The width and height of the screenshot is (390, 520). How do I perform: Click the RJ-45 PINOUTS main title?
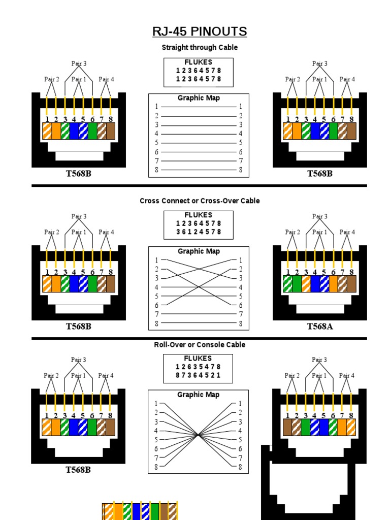200,32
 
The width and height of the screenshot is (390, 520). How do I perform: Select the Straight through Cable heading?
200,48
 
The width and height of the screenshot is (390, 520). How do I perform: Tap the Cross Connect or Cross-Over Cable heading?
200,201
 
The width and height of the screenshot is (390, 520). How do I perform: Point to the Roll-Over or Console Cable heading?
200,345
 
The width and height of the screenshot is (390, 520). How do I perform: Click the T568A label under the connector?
319,327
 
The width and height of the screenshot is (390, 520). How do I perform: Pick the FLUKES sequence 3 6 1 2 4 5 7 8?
199,232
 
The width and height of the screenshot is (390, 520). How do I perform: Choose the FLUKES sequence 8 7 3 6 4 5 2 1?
198,376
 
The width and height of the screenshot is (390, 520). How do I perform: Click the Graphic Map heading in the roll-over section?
198,395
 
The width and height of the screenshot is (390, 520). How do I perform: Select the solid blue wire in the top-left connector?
74,132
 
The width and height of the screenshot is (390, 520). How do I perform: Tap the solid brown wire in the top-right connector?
351,132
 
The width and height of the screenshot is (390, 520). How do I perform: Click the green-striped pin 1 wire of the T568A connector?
287,284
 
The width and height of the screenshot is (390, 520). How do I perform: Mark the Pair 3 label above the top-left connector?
79,63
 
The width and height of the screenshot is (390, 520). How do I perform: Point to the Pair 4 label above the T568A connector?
347,232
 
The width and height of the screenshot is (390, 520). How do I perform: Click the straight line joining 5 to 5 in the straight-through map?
199,143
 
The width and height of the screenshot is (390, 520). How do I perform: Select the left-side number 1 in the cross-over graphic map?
157,260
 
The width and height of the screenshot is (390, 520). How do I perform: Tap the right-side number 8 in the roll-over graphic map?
240,467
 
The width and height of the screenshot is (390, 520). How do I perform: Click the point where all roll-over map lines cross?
199,435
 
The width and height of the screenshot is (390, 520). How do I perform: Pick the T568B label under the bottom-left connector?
78,470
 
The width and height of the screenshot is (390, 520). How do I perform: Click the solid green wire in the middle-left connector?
92,284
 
